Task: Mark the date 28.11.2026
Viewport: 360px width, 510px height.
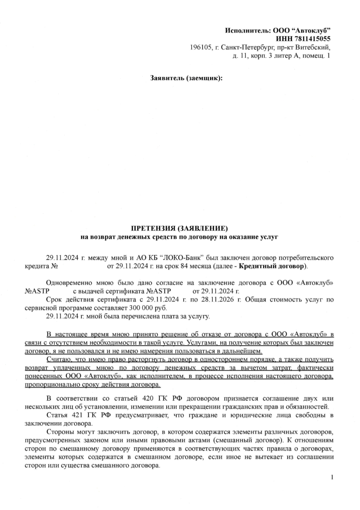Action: coord(223,300)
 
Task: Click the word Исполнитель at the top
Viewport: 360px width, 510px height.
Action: coord(247,31)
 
